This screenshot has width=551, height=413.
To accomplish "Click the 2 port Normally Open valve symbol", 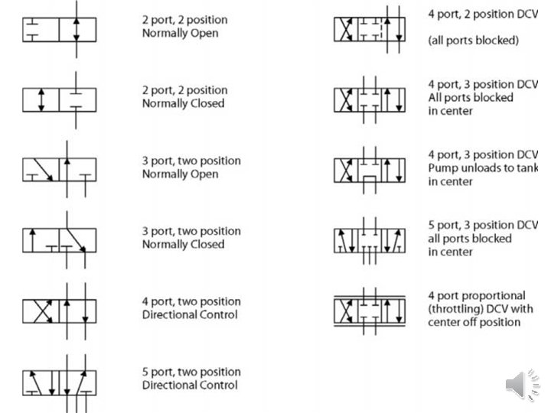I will pyautogui.click(x=59, y=29).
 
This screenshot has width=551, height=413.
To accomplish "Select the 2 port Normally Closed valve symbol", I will pyautogui.click(x=59, y=99).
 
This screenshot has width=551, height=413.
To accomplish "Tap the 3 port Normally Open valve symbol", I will pyautogui.click(x=59, y=170).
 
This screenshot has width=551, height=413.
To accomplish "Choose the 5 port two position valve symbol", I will pyautogui.click(x=59, y=381).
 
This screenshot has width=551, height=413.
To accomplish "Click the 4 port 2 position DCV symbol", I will pyautogui.click(x=371, y=29).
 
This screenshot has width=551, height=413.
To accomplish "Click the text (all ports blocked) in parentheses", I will pyautogui.click(x=473, y=41).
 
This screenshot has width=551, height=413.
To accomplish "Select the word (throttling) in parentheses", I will pyautogui.click(x=459, y=309).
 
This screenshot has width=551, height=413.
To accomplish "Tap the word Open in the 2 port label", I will pyautogui.click(x=203, y=34).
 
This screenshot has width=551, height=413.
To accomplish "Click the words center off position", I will pyautogui.click(x=474, y=322).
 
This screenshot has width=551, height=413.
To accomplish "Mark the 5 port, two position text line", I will pyautogui.click(x=191, y=372).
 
